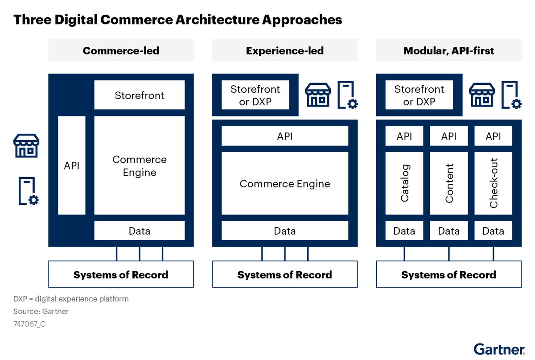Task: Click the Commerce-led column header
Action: pyautogui.click(x=121, y=50)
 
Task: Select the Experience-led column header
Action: pyautogui.click(x=285, y=50)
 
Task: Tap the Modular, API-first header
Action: pyautogui.click(x=449, y=50)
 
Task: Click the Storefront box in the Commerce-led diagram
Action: pyautogui.click(x=140, y=95)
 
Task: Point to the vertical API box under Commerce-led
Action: pyautogui.click(x=72, y=166)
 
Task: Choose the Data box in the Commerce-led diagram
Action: pyautogui.click(x=140, y=231)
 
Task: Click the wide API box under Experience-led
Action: pyautogui.click(x=285, y=136)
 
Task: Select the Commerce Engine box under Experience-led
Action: pyautogui.click(x=285, y=183)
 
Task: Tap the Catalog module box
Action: pyautogui.click(x=404, y=183)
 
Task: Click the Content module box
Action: pyautogui.click(x=449, y=183)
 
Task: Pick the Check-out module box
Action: pyautogui.click(x=493, y=183)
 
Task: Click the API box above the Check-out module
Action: pyautogui.click(x=493, y=136)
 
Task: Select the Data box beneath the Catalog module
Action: pyautogui.click(x=404, y=231)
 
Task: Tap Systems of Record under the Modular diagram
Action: pyautogui.click(x=449, y=274)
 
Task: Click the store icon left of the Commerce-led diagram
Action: pyautogui.click(x=26, y=145)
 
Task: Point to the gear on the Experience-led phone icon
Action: pyautogui.click(x=353, y=104)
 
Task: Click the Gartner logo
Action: pyautogui.click(x=499, y=349)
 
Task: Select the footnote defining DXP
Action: pyautogui.click(x=71, y=299)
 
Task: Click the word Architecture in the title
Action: pyautogui.click(x=218, y=19)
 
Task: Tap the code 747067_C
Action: pyautogui.click(x=29, y=324)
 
